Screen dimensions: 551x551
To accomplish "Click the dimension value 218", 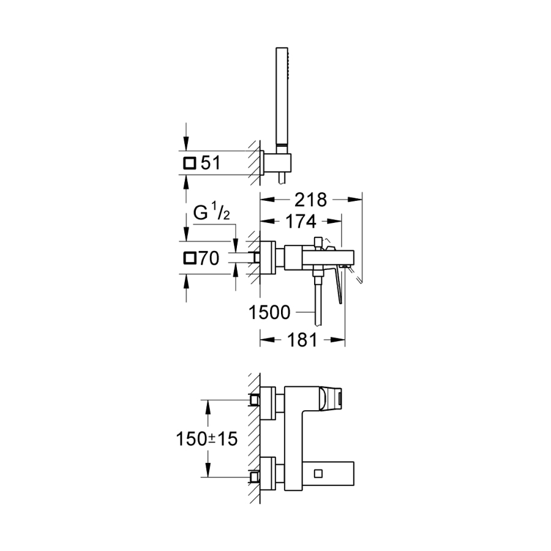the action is (310, 200).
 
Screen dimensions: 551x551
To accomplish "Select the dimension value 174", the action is (301, 222).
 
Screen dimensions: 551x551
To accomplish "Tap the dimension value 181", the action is (302, 340).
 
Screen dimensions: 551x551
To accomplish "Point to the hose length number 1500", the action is (269, 312).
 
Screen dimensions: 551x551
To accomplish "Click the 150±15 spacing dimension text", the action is (207, 438).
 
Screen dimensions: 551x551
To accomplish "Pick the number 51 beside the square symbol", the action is (211, 163).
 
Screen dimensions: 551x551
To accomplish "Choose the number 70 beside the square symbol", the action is (209, 258).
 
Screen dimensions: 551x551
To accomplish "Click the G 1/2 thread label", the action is (212, 213).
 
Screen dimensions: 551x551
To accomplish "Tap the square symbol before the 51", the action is (189, 163).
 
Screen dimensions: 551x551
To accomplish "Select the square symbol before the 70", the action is (190, 258).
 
